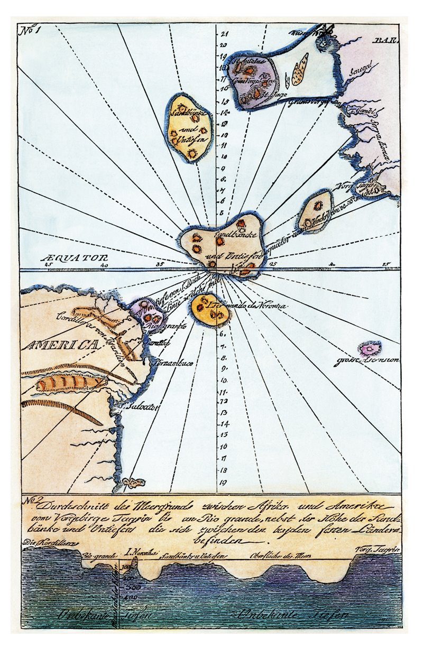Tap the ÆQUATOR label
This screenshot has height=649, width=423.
[66, 258]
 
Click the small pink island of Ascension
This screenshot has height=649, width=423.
[370, 348]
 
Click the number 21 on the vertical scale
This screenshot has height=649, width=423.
[224, 33]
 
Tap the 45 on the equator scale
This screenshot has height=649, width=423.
[49, 265]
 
